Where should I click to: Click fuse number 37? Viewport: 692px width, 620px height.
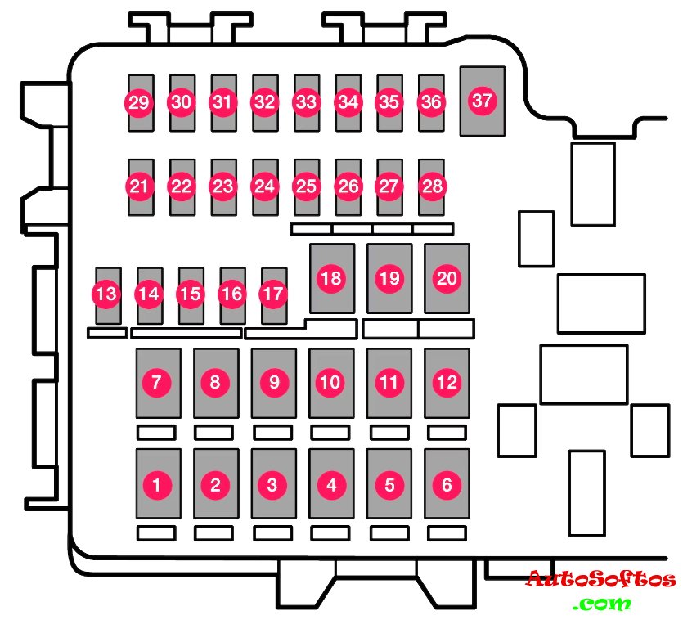483,101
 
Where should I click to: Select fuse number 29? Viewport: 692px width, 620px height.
139,102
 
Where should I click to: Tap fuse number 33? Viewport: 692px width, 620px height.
306,102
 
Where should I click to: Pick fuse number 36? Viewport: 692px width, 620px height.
431,102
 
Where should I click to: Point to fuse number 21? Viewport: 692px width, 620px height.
140,186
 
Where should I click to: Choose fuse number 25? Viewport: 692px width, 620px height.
306,186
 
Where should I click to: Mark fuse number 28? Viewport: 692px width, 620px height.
431,186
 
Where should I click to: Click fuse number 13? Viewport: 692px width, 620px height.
107,294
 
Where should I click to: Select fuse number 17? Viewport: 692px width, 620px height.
274,294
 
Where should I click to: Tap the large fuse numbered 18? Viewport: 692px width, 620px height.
331,278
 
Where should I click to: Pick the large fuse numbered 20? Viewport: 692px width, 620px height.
447,278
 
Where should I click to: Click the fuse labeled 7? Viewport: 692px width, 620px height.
157,382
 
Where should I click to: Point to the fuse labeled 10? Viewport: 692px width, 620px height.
331,382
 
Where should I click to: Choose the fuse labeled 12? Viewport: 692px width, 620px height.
447,382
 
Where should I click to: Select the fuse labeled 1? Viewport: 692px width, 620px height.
157,484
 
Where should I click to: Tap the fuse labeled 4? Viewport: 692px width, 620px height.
331,484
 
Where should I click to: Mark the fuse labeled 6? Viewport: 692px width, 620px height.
447,484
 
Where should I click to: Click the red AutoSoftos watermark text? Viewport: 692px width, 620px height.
600,580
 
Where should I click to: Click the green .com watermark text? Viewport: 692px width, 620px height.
603,604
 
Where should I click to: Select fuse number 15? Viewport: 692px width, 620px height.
191,294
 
